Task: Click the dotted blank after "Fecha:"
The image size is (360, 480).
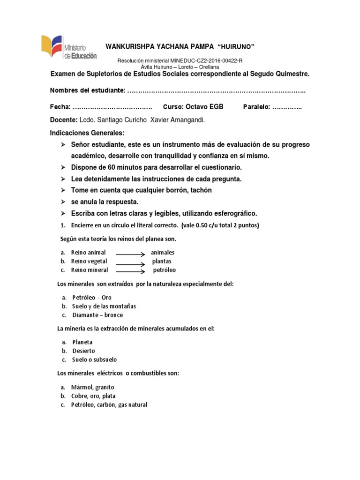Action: (112, 107)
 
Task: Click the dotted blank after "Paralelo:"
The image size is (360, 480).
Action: (287, 107)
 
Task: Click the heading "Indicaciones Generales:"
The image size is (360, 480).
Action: (87, 133)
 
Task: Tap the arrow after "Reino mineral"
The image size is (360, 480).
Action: (130, 271)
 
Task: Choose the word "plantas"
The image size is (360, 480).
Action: (162, 261)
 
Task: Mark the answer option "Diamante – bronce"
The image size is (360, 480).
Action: (97, 315)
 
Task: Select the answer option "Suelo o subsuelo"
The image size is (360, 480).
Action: (94, 360)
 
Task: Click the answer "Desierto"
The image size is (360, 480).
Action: (83, 351)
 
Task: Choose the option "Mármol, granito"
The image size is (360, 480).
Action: (93, 387)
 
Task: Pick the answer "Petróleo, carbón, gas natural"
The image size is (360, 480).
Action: (109, 405)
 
